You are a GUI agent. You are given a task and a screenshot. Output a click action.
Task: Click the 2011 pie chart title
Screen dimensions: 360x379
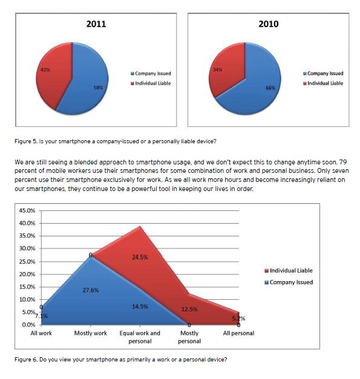[96, 24]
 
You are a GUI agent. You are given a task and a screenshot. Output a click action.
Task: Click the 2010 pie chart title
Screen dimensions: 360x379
[268, 24]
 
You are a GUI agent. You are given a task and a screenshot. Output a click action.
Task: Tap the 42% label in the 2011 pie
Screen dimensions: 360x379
[45, 70]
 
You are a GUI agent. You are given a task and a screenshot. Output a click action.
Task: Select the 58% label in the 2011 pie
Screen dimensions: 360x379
[98, 88]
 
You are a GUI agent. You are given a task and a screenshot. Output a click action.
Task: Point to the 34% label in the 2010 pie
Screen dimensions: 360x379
[217, 70]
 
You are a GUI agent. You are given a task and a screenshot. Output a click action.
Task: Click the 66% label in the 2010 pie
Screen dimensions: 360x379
[270, 88]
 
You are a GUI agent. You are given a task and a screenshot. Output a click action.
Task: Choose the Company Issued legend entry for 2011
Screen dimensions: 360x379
[151, 74]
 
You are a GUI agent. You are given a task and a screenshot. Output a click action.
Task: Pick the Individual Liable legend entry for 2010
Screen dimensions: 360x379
[323, 83]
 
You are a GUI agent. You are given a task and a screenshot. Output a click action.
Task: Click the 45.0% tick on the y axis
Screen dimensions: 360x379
[27, 210]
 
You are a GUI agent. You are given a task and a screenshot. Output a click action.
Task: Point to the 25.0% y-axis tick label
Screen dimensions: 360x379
[27, 262]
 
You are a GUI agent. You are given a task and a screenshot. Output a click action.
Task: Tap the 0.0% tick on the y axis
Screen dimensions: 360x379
[28, 325]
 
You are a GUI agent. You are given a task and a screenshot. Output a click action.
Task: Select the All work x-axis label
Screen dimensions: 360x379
[41, 333]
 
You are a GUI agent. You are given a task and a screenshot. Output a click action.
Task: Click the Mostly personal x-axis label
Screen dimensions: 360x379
[189, 337]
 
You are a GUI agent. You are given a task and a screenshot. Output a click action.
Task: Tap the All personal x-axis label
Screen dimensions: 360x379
[238, 333]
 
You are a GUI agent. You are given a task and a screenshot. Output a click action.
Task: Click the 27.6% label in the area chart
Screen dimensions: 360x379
[91, 290]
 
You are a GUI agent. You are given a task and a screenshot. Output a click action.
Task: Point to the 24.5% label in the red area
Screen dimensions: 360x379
[140, 257]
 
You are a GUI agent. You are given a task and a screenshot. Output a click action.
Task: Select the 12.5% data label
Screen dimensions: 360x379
[189, 309]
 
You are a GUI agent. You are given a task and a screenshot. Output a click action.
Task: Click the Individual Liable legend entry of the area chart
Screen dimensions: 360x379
[289, 270]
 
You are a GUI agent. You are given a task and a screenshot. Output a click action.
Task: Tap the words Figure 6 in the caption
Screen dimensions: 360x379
[26, 360]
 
